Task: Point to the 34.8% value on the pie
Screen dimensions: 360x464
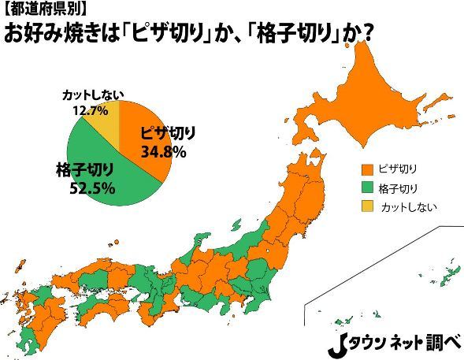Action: [x=163, y=151]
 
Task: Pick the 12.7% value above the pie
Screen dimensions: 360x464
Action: [x=91, y=110]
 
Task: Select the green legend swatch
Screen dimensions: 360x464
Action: [x=367, y=188]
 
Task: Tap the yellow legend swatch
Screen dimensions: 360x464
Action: [x=367, y=207]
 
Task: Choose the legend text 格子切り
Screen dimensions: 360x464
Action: [x=398, y=188]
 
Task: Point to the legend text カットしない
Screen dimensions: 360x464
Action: [x=408, y=207]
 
